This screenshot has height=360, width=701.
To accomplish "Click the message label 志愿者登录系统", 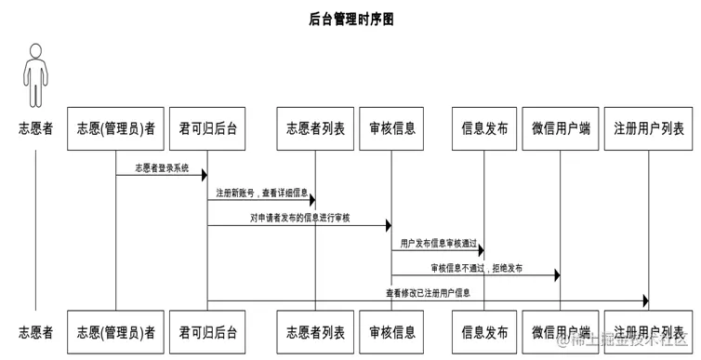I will coord(161,168).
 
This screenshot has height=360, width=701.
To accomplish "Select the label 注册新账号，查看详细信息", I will coord(260,193).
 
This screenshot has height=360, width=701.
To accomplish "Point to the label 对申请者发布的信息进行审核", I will coord(298,218).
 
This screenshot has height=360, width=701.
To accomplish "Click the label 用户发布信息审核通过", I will coord(437,243).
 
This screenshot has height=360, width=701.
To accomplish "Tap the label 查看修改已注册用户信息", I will coord(429,293).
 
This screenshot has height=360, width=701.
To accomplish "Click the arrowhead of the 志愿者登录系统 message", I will coord(204,175).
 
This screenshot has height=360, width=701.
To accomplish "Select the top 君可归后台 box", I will coord(208,128).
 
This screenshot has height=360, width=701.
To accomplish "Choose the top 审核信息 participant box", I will coord(391,128).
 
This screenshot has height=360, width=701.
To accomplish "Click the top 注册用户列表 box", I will coord(648,128).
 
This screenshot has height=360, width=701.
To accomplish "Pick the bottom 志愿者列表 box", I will coord(315,332).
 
